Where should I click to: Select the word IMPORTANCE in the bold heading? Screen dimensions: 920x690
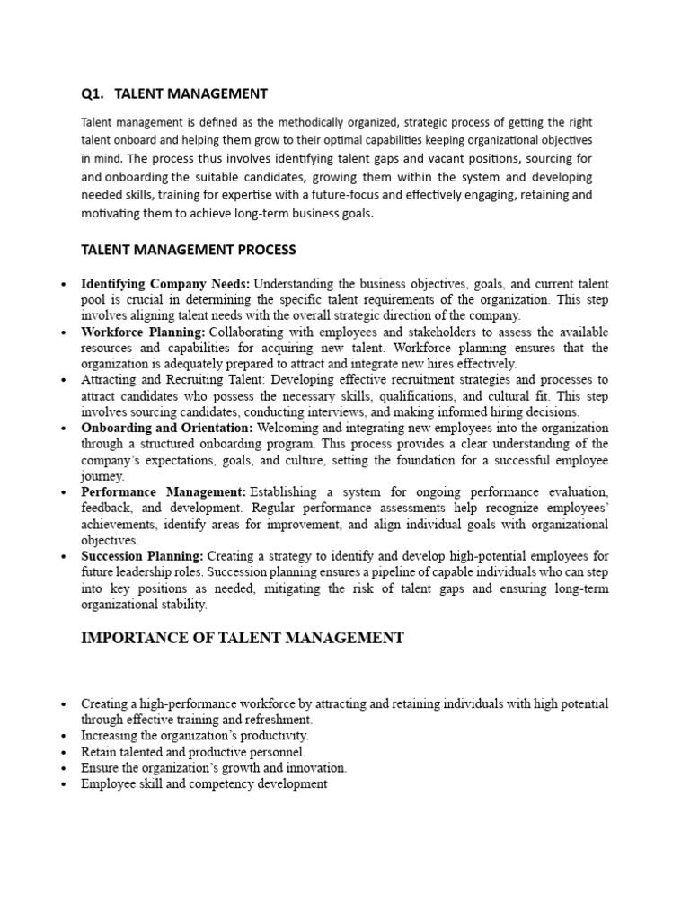(129, 638)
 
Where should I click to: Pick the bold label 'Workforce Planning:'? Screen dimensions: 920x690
(144, 332)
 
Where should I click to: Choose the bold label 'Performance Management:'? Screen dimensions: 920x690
(164, 492)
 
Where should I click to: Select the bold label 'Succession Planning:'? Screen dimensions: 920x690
(142, 557)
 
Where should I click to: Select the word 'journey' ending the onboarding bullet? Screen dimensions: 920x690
(99, 476)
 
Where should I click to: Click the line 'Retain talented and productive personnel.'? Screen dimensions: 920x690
(193, 751)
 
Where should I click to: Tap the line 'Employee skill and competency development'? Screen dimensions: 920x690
(204, 783)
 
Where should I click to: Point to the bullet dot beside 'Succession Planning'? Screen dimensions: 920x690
(63, 558)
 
